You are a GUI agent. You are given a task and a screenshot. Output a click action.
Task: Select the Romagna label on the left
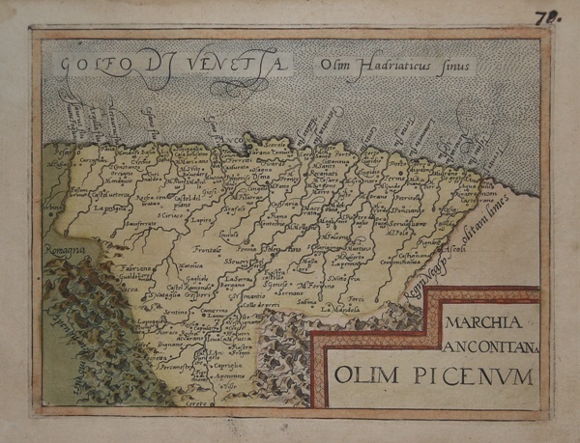66,250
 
